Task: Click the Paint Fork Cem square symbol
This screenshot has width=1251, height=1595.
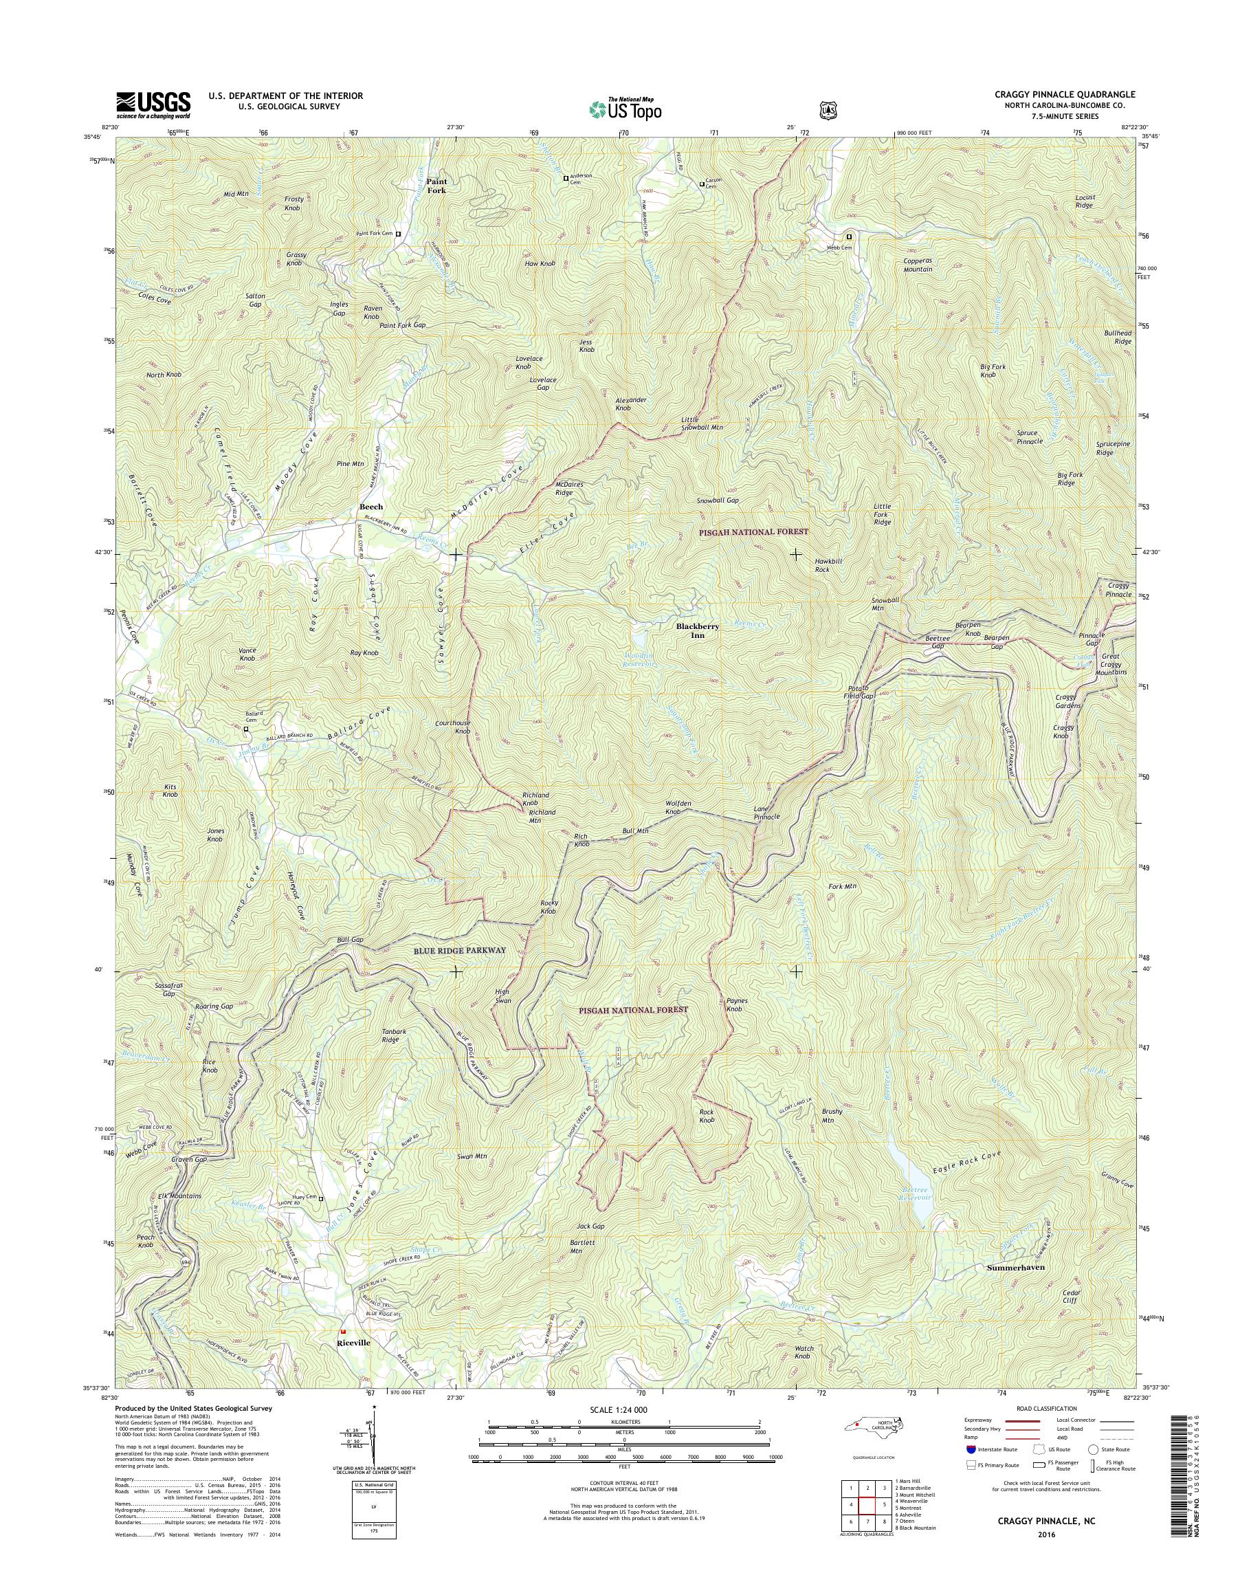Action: [x=399, y=234]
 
